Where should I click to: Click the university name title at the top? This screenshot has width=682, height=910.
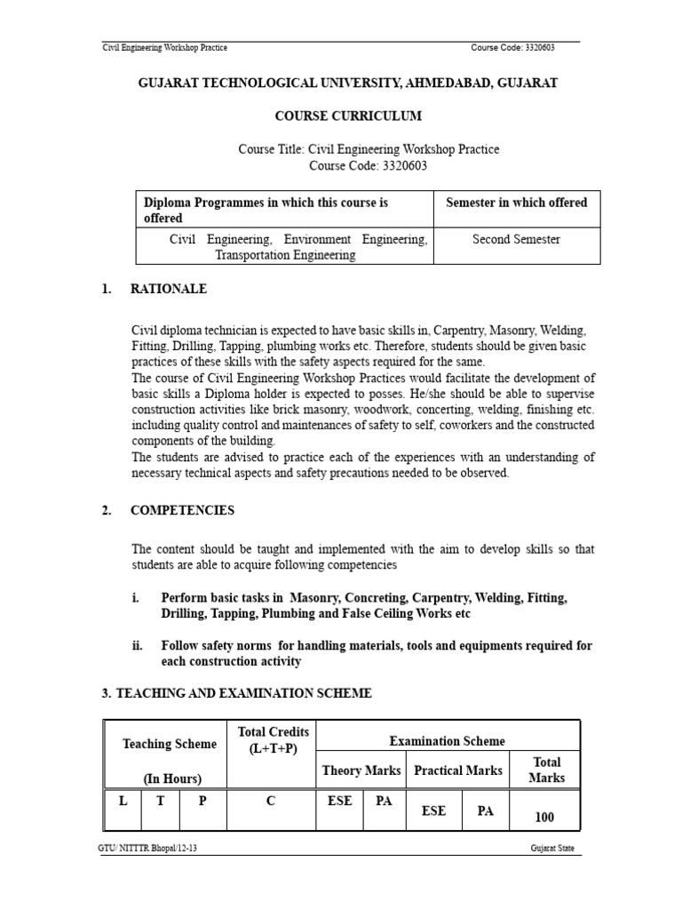pos(348,83)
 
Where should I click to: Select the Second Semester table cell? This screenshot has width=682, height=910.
pos(516,240)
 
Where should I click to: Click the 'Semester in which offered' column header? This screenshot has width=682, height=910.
pos(516,203)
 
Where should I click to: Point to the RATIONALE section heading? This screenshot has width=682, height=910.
pos(169,289)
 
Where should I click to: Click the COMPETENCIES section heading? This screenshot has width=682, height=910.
pos(182,510)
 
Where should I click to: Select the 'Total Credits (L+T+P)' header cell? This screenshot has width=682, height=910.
pos(273,740)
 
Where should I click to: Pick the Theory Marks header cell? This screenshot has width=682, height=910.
pos(361,770)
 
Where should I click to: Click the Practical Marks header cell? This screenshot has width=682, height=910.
pos(458,770)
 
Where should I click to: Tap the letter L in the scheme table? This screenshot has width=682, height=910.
pos(123,801)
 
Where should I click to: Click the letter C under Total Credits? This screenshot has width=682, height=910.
pos(272,801)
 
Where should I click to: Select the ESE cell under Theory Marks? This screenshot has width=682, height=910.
pos(339,801)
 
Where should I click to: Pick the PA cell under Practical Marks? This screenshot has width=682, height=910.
pos(486,810)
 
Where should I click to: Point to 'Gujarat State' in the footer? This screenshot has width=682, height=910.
pos(550,874)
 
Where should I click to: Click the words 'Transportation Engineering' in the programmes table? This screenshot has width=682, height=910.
pos(285,255)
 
